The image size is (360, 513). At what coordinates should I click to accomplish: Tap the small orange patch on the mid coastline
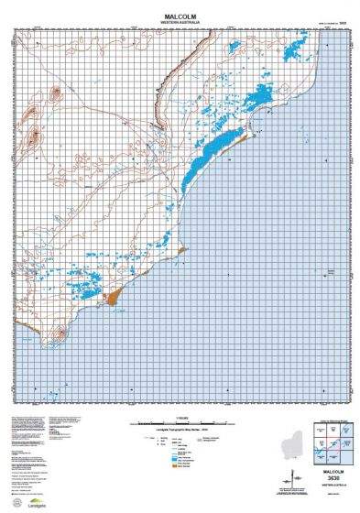(182, 248)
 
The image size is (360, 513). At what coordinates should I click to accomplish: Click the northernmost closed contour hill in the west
(53, 92)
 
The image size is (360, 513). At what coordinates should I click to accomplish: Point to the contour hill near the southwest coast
(60, 334)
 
